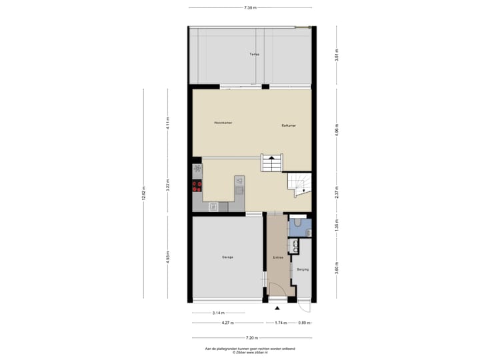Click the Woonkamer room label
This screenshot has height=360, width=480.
tap(223, 123)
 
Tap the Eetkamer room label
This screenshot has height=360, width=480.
tap(289, 125)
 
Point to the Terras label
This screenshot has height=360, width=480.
tap(254, 54)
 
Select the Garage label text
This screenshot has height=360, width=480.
tap(228, 257)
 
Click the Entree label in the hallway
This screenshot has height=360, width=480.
tap(278, 257)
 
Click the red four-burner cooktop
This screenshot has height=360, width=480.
tap(197, 187)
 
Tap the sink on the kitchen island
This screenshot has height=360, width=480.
tap(239, 180)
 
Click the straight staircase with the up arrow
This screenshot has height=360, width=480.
tap(271, 162)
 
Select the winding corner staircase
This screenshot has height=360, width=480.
tap(298, 183)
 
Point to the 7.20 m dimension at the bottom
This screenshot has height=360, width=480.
tap(251, 337)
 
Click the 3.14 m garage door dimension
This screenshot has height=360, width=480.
tap(218, 312)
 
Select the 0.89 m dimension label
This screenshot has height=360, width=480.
tap(303, 323)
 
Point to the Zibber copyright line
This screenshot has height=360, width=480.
tap(250, 352)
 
